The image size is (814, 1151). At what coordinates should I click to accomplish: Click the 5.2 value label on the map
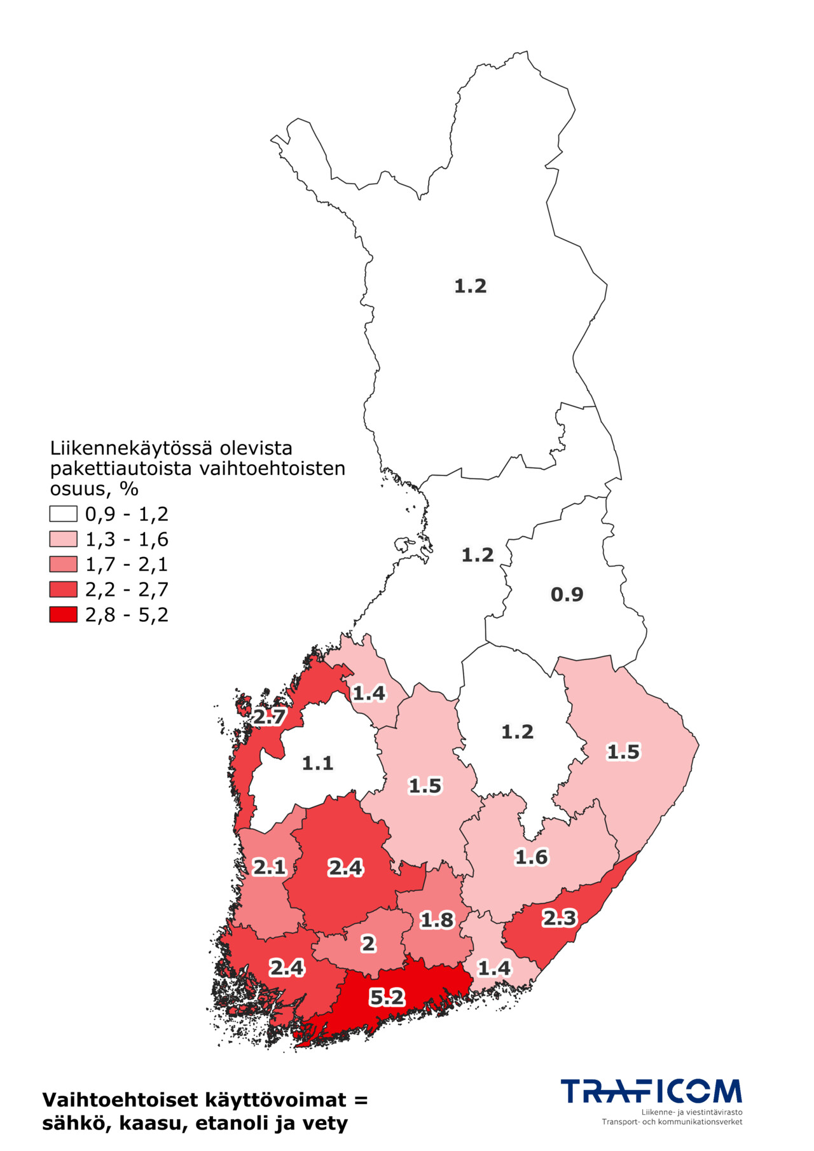tap(387, 997)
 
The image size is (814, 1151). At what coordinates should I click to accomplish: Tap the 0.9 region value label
tap(567, 595)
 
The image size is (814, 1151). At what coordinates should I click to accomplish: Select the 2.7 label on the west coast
tap(270, 717)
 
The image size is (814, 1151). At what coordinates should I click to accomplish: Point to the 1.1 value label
tap(317, 763)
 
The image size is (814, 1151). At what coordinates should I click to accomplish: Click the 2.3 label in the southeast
tap(559, 918)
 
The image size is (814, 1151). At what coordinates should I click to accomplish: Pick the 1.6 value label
tap(531, 857)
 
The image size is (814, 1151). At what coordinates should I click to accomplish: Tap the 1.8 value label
tap(437, 920)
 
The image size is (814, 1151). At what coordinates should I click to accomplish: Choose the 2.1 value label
tap(270, 867)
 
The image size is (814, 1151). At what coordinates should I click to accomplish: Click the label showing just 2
tap(368, 944)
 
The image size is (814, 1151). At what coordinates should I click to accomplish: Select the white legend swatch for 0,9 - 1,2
tap(64, 514)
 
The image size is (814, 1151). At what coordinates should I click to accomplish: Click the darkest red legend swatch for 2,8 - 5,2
tap(64, 614)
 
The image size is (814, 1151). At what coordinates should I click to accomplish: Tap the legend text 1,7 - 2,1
tap(127, 564)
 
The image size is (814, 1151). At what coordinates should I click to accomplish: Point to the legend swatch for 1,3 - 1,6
tap(64, 539)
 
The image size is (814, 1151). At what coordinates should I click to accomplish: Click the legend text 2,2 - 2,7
tap(127, 589)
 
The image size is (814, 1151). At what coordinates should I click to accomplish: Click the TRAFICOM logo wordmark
tap(651, 1091)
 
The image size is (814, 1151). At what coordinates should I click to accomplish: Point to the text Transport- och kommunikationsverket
tap(672, 1122)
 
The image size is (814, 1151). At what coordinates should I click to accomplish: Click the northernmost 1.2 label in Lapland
tap(470, 286)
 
